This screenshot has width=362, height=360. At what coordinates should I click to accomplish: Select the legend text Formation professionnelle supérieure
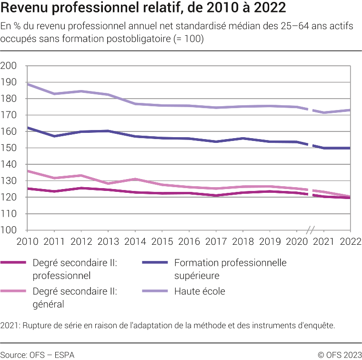[230, 269]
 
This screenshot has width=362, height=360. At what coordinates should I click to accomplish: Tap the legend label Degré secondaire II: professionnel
[75, 269]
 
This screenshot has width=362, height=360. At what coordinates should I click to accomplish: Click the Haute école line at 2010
[28, 84]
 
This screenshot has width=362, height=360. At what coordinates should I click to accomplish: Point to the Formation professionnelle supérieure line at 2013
[108, 131]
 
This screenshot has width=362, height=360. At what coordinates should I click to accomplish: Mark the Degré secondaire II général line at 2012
[81, 175]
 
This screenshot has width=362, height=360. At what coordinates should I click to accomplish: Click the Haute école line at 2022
[350, 110]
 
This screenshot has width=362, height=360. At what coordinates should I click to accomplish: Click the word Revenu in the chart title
[26, 8]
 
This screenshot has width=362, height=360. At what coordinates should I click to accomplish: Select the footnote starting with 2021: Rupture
[168, 326]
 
